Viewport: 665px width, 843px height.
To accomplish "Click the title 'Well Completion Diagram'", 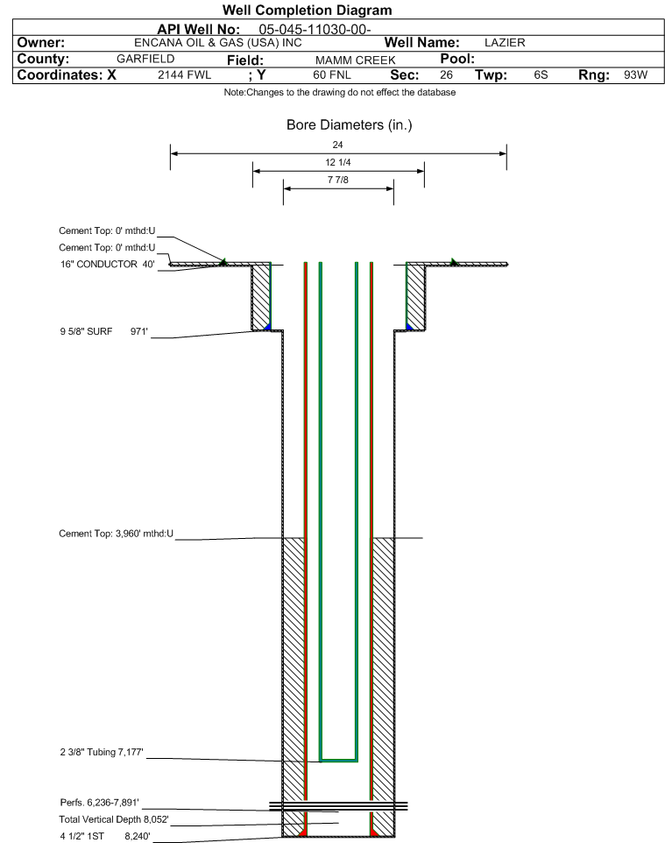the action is click(307, 11).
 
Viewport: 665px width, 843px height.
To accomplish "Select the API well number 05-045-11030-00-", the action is click(315, 29).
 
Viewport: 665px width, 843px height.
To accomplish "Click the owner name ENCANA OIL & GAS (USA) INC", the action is click(218, 42).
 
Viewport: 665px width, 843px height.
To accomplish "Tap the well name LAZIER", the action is click(505, 42).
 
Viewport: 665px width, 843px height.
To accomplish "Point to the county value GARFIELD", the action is click(145, 59).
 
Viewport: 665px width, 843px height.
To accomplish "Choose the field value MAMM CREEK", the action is click(355, 60).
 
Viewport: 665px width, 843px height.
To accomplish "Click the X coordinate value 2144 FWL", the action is click(184, 74).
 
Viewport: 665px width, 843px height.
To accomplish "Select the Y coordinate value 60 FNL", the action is click(332, 74).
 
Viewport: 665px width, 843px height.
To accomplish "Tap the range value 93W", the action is click(635, 74).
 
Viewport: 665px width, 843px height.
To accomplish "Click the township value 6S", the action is click(541, 74).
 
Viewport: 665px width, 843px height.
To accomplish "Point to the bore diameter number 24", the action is click(337, 145).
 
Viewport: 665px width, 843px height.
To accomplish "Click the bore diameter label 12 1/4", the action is click(338, 162).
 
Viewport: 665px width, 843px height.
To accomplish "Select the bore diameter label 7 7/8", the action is click(338, 180).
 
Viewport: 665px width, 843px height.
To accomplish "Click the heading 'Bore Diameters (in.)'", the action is click(349, 124).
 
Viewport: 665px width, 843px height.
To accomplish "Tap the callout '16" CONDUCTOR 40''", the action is click(108, 264).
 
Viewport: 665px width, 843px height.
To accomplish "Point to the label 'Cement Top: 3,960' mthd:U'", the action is click(117, 534).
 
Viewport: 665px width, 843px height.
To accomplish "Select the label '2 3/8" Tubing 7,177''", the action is click(102, 752).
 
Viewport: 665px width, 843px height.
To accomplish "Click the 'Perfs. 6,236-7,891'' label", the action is click(100, 802).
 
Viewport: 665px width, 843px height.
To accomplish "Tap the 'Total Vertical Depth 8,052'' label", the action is click(114, 819).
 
